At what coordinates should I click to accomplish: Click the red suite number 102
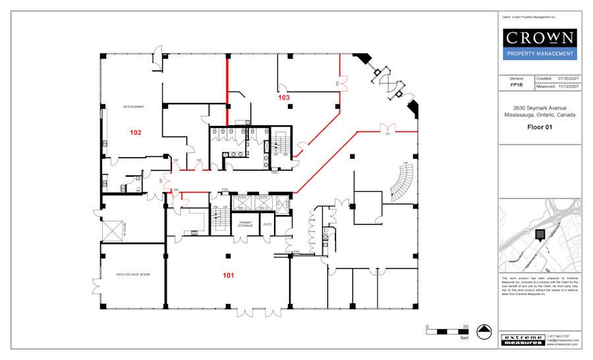click(x=135, y=133)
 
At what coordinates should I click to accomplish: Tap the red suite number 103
click(x=283, y=98)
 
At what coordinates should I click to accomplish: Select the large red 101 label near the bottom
click(x=228, y=275)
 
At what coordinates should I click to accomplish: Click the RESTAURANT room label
click(x=134, y=106)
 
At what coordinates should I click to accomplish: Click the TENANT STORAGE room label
click(x=245, y=225)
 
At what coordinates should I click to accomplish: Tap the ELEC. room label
click(x=268, y=224)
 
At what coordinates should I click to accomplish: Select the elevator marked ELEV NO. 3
click(x=242, y=202)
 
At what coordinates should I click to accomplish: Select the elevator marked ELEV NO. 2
click(x=263, y=202)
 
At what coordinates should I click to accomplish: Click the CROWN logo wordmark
click(x=540, y=37)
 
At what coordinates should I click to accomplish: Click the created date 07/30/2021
click(x=568, y=78)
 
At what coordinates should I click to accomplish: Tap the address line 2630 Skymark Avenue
click(x=540, y=108)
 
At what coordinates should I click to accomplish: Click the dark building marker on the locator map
click(x=540, y=235)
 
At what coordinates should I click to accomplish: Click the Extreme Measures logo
click(x=523, y=340)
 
